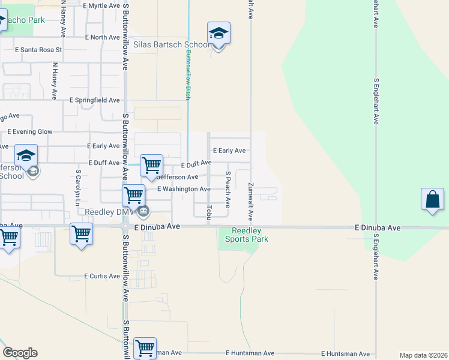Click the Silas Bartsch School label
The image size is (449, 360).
click(172, 45)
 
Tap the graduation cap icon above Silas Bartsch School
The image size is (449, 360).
click(218, 34)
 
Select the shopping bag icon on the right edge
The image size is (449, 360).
click(432, 200)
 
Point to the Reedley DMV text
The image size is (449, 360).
click(107, 212)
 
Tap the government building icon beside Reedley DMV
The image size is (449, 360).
click(143, 211)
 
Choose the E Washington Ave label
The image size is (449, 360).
click(184, 189)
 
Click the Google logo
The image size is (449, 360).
click(20, 353)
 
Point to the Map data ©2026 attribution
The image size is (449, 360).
click(423, 355)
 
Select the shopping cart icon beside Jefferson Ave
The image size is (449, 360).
click(152, 165)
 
